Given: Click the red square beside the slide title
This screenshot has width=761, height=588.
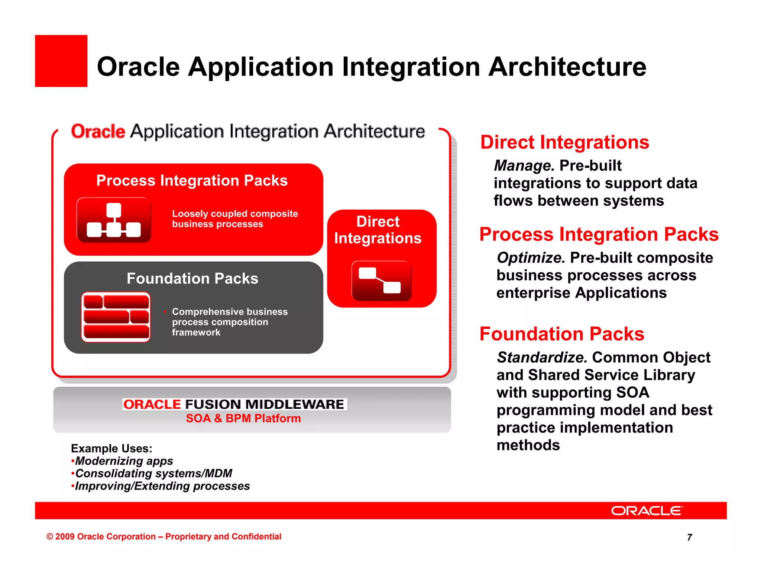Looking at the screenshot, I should point(61,61).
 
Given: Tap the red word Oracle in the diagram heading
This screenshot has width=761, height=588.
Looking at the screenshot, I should point(98,132).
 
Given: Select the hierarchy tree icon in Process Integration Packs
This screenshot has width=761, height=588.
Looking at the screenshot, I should point(114,220).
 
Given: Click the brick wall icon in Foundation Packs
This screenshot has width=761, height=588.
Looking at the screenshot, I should point(116,317).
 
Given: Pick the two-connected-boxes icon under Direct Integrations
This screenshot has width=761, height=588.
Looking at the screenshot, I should point(381,281).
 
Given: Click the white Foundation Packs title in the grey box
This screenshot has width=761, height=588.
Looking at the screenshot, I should point(192,279).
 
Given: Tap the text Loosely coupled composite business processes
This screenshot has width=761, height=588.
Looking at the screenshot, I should point(234,219).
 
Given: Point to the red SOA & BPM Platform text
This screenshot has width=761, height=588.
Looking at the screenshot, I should point(243,419).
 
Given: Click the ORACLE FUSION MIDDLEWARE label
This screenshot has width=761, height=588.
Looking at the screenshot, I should point(234,404).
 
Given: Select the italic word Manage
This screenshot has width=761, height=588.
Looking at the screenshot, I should point(524,166).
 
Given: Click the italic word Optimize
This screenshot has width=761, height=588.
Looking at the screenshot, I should point(531,258).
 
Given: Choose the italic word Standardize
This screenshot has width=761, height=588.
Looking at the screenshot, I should point(542,358).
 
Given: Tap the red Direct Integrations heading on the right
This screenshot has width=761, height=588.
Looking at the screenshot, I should point(564,143).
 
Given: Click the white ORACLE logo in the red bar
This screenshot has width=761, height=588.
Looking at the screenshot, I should point(647,511).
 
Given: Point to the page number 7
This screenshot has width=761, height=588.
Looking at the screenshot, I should point(689,537).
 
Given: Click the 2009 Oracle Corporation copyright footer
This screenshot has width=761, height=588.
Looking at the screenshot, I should point(163,537).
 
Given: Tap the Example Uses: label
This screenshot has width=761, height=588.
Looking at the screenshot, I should point(111,449).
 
